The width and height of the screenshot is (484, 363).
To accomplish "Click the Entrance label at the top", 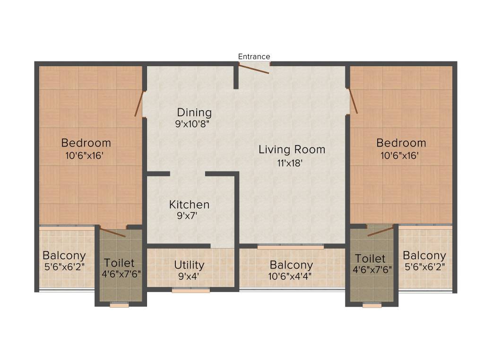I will (254, 57).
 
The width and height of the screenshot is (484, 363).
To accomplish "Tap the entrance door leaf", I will (254, 69).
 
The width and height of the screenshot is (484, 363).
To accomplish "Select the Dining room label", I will (194, 113).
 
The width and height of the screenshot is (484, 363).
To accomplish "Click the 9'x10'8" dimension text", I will (192, 124).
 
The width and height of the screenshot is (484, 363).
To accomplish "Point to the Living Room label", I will (292, 150).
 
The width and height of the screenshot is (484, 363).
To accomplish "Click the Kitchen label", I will (189, 205).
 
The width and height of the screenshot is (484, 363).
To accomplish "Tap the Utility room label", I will (189, 265).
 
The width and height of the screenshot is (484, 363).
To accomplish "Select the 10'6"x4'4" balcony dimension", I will (291, 277).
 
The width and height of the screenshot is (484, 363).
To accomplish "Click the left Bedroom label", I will (86, 143).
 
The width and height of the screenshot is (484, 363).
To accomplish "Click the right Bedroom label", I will (401, 143).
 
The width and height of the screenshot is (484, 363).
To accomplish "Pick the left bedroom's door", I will (138, 104).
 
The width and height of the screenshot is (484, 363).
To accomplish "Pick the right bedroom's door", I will (353, 101).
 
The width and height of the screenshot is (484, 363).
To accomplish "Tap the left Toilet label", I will (119, 263).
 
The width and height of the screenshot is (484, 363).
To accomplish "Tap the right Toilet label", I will (370, 259).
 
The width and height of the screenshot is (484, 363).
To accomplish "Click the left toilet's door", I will (113, 233).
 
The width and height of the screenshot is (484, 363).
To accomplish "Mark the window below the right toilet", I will (372, 305).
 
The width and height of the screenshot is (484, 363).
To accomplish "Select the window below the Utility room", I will (190, 291).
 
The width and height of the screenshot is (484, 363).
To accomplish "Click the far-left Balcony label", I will (64, 256).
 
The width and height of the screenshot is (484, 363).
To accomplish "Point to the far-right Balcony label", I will (424, 256).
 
